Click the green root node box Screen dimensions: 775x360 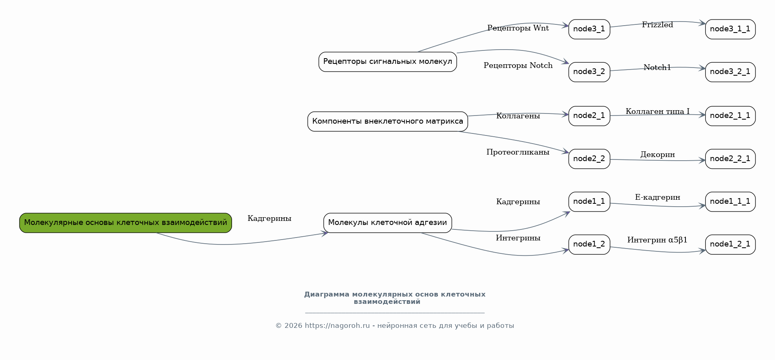pyautogui.click(x=125, y=223)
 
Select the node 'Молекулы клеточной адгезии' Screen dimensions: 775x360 pyautogui.click(x=387, y=223)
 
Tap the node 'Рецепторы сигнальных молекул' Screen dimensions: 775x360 pyautogui.click(x=387, y=62)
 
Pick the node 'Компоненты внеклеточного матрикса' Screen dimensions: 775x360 pyautogui.click(x=387, y=122)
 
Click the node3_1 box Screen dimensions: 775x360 pyautogui.click(x=589, y=29)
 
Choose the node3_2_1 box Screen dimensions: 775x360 pyautogui.click(x=730, y=72)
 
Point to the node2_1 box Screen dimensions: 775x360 pyautogui.click(x=589, y=116)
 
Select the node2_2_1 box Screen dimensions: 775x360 pyautogui.click(x=730, y=159)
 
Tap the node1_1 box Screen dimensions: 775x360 pyautogui.click(x=589, y=202)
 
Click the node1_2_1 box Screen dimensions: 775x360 pyautogui.click(x=730, y=244)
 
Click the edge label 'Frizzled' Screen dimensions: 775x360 pyautogui.click(x=657, y=25)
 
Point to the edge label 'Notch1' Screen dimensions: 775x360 pyautogui.click(x=657, y=68)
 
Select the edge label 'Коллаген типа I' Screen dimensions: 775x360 pyautogui.click(x=657, y=111)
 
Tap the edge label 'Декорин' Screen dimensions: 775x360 pyautogui.click(x=657, y=155)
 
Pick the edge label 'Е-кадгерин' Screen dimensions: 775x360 pyautogui.click(x=657, y=197)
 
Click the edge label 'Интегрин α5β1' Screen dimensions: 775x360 pyautogui.click(x=657, y=240)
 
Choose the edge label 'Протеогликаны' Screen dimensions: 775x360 pyautogui.click(x=518, y=152)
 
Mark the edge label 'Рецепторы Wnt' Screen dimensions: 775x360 pyautogui.click(x=518, y=28)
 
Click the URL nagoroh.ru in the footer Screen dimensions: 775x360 pyautogui.click(x=337, y=325)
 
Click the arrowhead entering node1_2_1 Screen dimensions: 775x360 pyautogui.click(x=703, y=251)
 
